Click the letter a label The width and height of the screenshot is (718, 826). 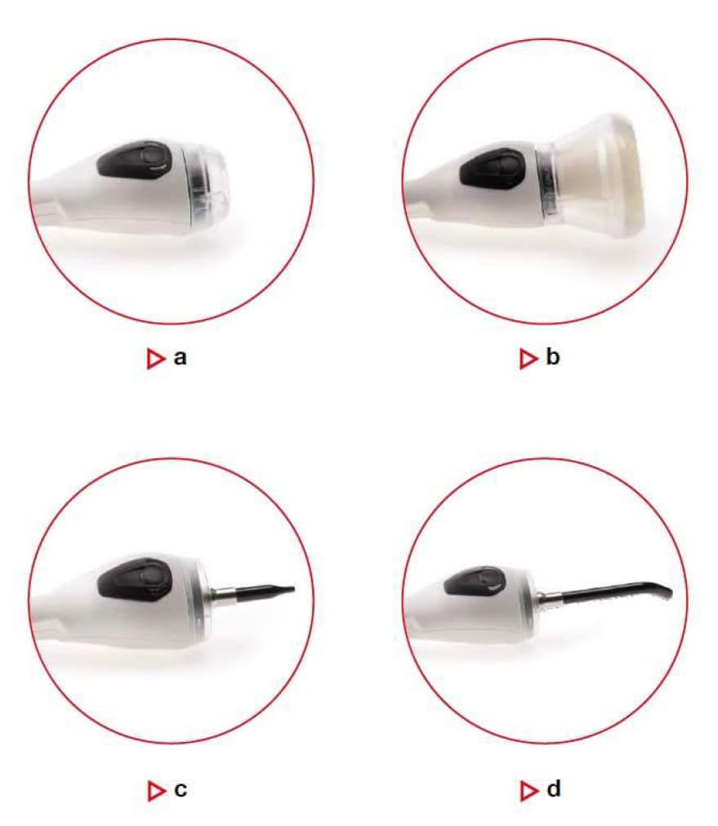coord(181,358)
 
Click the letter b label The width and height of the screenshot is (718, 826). coord(553,357)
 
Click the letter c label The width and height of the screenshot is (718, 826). coord(181,790)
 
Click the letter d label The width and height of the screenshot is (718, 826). coord(554,789)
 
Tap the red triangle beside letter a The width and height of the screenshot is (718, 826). coord(155,359)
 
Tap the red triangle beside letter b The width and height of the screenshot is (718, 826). coord(528,359)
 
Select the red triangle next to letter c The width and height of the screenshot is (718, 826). coord(156,791)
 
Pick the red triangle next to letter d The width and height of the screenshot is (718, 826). coord(529,791)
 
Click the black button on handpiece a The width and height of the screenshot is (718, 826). coord(135,159)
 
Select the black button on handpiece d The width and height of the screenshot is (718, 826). coord(475,582)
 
